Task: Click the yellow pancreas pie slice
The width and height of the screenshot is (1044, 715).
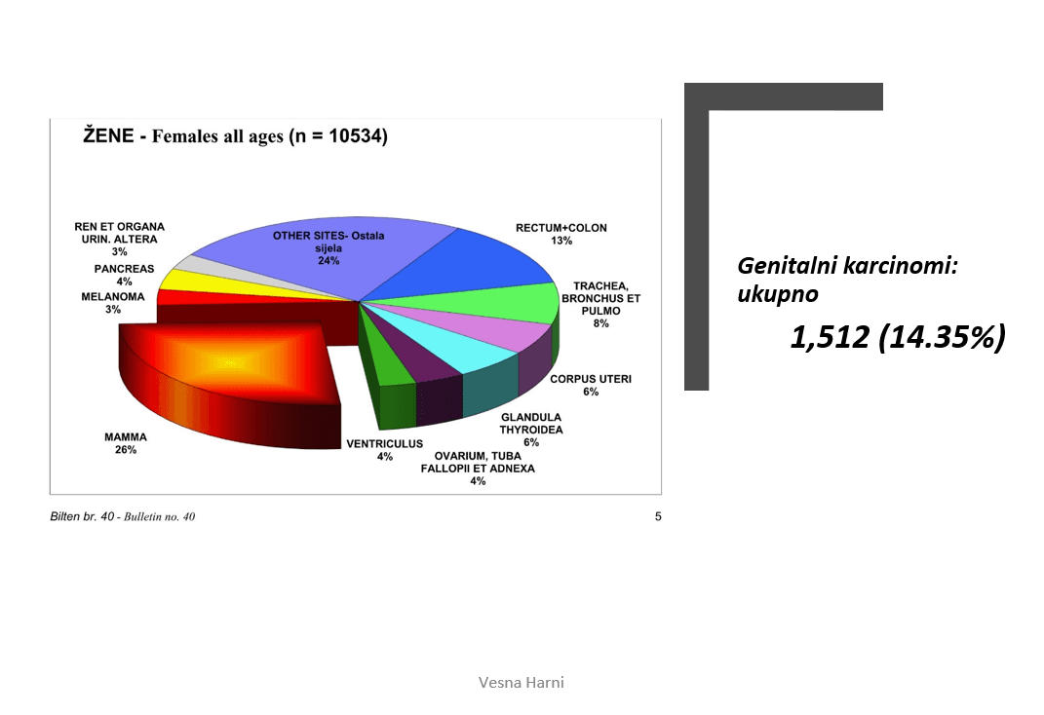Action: coord(200,283)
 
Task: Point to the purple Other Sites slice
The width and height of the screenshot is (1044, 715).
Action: coord(320,256)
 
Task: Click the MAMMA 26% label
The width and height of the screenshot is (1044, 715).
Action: coord(125,443)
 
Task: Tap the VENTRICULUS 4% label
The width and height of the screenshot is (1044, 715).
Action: coord(384,450)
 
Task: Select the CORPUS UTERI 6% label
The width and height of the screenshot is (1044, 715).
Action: coord(591,385)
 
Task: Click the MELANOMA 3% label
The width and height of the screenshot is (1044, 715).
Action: coord(112,303)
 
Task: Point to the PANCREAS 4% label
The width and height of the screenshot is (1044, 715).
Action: coord(124,276)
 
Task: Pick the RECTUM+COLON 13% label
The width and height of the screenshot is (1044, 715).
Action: coord(561,234)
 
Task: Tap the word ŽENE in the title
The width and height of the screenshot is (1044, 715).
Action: coord(108,135)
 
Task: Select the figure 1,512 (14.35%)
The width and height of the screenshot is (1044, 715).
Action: coord(898,337)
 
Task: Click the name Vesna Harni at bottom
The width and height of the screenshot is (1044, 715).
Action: coord(522,683)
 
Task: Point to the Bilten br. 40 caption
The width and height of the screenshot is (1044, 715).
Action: coord(82,517)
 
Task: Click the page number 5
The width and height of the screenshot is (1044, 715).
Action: coord(658,517)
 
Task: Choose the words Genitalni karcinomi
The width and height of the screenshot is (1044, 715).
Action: coord(847,266)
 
